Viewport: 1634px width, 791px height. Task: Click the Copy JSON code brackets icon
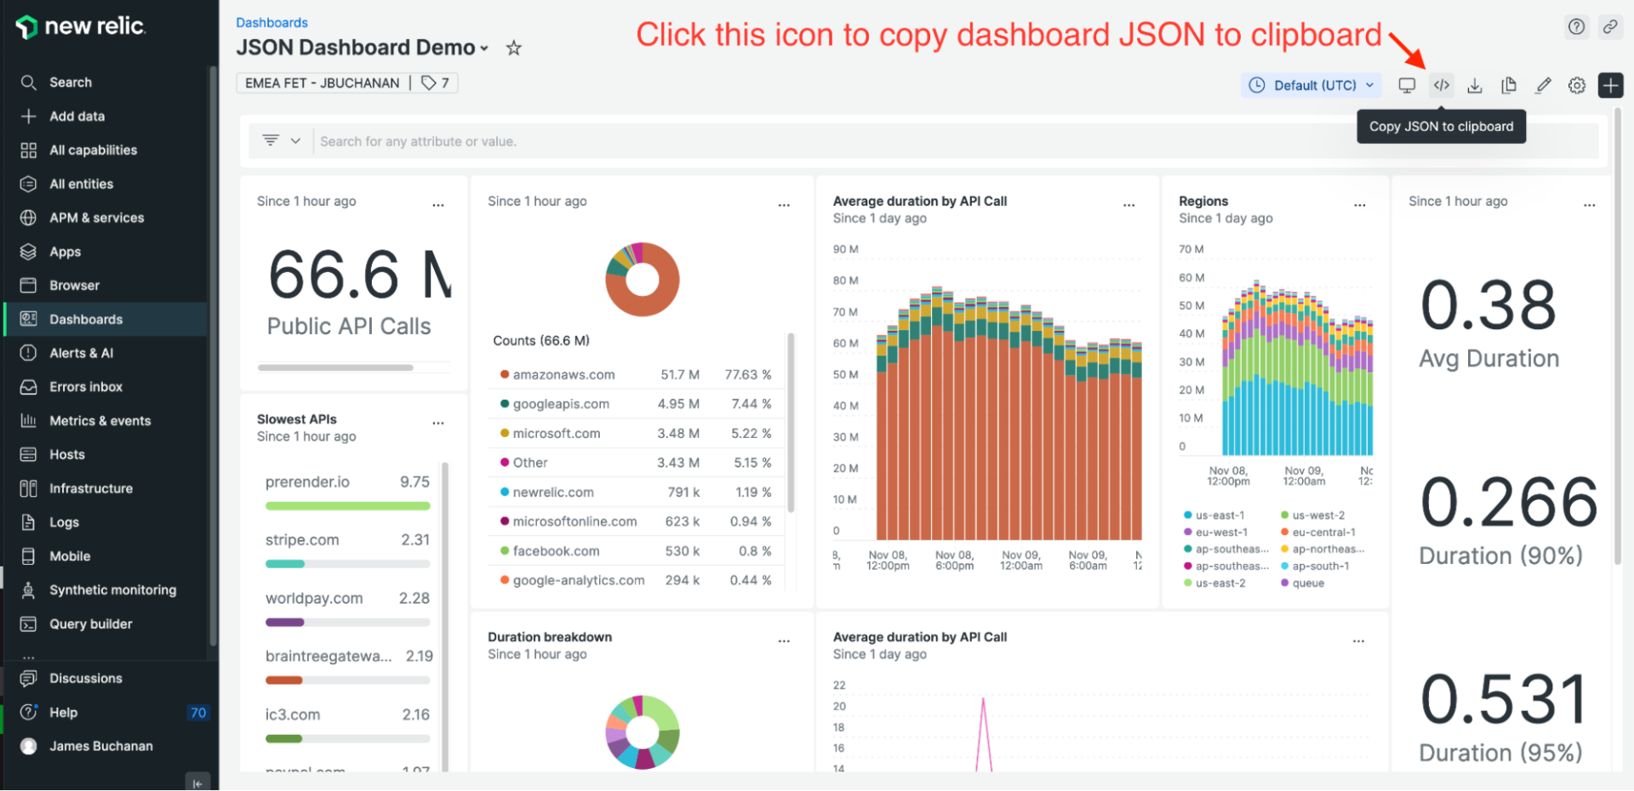(x=1441, y=85)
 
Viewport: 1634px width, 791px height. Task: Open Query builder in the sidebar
(x=90, y=623)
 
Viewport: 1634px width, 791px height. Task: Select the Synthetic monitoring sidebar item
(x=112, y=589)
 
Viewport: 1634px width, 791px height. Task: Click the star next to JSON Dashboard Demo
(x=513, y=48)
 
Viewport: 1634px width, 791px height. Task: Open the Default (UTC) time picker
(x=1311, y=85)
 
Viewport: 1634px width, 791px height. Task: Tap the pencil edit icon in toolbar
(x=1543, y=85)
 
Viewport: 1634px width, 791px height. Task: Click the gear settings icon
(x=1576, y=85)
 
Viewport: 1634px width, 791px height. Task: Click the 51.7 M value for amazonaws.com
(x=679, y=374)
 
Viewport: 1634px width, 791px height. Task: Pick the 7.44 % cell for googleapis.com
(x=751, y=404)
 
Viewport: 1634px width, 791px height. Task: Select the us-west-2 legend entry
(x=1317, y=515)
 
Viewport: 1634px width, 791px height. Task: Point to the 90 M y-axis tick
(x=845, y=249)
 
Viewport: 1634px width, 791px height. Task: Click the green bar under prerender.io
(x=347, y=506)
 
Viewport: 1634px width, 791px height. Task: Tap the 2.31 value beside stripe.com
(x=415, y=540)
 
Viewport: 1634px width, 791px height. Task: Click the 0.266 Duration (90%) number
(x=1508, y=502)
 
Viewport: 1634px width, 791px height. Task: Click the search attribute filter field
(x=766, y=141)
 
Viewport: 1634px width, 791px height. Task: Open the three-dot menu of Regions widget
(x=1359, y=205)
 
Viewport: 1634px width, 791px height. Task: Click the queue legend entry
(x=1307, y=583)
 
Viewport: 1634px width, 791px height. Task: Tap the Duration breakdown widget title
(x=549, y=637)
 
